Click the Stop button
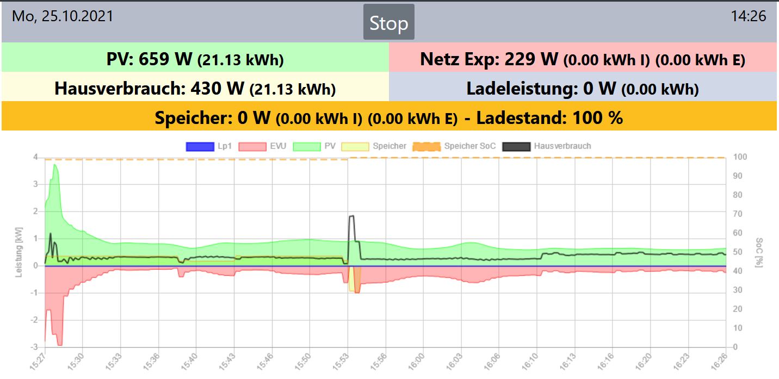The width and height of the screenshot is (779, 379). pos(388,22)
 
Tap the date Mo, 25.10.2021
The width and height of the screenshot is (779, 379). pos(63,16)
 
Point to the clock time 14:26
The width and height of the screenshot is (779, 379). pos(749,16)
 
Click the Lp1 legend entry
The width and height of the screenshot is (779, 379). pos(209,146)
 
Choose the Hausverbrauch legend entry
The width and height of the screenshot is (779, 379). pos(547,146)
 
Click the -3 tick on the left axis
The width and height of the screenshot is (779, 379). pos(35,347)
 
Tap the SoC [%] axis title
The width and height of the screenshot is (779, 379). pos(759,252)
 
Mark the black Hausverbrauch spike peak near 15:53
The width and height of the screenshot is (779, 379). pos(351,216)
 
